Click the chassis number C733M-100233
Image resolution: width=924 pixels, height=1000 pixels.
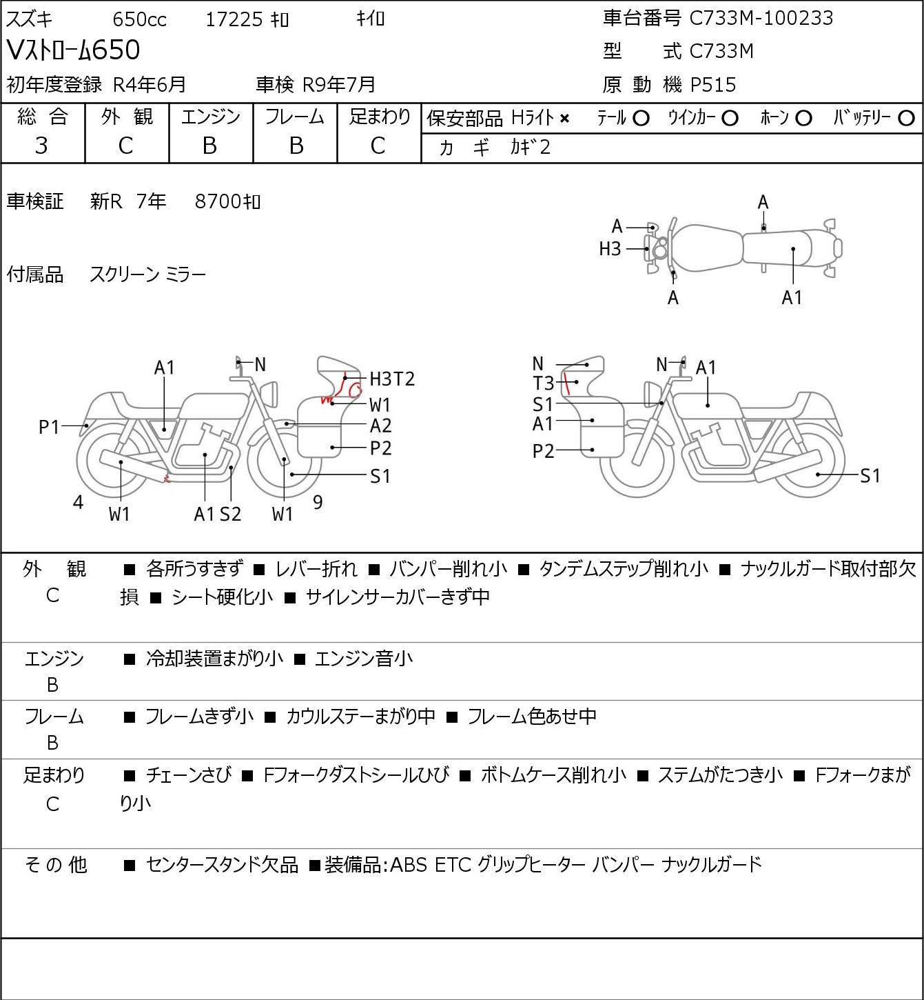click(761, 18)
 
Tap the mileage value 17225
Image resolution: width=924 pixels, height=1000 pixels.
click(234, 19)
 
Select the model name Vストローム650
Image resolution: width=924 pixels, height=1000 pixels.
click(73, 50)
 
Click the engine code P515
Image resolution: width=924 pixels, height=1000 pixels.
click(713, 85)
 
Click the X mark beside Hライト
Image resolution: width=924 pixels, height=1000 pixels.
click(565, 119)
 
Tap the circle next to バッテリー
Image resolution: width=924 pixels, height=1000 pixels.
click(906, 119)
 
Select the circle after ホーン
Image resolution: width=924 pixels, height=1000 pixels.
click(803, 119)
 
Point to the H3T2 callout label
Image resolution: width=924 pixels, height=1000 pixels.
click(392, 379)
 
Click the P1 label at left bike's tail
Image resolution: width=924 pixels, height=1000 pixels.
click(50, 427)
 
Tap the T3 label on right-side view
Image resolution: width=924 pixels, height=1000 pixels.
click(543, 383)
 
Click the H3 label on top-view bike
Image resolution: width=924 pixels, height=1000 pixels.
click(610, 249)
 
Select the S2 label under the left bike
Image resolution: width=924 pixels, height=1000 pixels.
click(231, 514)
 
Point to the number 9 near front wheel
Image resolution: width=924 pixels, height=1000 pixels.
click(318, 502)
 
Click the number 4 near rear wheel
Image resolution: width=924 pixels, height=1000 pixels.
click(78, 502)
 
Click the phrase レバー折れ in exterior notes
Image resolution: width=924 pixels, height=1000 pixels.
click(316, 569)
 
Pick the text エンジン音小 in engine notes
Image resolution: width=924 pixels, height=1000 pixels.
click(363, 659)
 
